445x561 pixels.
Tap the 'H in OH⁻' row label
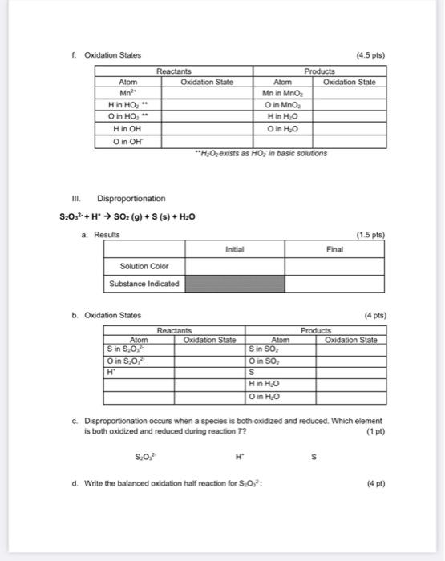tap(127, 130)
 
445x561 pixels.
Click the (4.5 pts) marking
tap(371, 54)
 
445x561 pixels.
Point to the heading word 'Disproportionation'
tap(131, 198)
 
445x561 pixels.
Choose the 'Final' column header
tap(334, 249)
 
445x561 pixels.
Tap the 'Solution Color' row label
tap(144, 266)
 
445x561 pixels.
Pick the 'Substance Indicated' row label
tap(144, 284)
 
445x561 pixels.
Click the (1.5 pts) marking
tap(371, 234)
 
